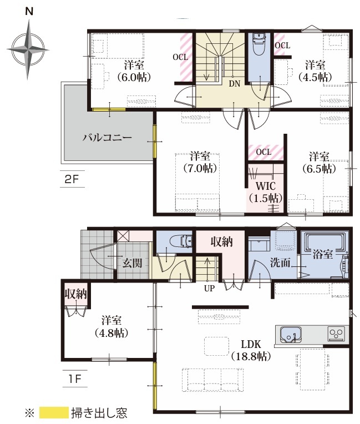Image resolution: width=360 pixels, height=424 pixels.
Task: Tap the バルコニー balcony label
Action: pyautogui.click(x=107, y=138)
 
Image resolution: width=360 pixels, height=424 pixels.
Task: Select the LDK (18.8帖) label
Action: pyautogui.click(x=251, y=350)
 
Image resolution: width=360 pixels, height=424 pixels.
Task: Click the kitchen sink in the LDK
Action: pyautogui.click(x=291, y=334)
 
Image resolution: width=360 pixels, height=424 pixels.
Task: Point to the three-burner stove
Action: pyautogui.click(x=337, y=334)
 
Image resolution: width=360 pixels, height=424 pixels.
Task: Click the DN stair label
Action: pyautogui.click(x=234, y=84)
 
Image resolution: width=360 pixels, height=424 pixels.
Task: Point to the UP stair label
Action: pyautogui.click(x=209, y=289)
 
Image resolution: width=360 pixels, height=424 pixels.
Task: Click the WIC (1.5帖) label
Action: pyautogui.click(x=266, y=192)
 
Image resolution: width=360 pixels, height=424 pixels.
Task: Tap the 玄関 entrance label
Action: pyautogui.click(x=132, y=263)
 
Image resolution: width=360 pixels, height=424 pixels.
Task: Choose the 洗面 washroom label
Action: pyautogui.click(x=280, y=263)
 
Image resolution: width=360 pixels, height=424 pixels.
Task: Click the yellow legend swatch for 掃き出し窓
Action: pyautogui.click(x=54, y=413)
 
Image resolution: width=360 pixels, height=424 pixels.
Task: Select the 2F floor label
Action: pyautogui.click(x=72, y=179)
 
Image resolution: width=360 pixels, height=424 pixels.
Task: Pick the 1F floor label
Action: pyautogui.click(x=74, y=379)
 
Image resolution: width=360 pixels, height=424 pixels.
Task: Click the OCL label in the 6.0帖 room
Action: pyautogui.click(x=180, y=57)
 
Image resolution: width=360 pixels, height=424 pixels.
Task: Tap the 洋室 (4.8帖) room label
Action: pyautogui.click(x=111, y=327)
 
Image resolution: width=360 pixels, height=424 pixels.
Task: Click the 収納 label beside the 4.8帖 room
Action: pyautogui.click(x=75, y=294)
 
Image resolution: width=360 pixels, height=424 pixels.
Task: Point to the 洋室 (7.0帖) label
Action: pyautogui.click(x=200, y=162)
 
